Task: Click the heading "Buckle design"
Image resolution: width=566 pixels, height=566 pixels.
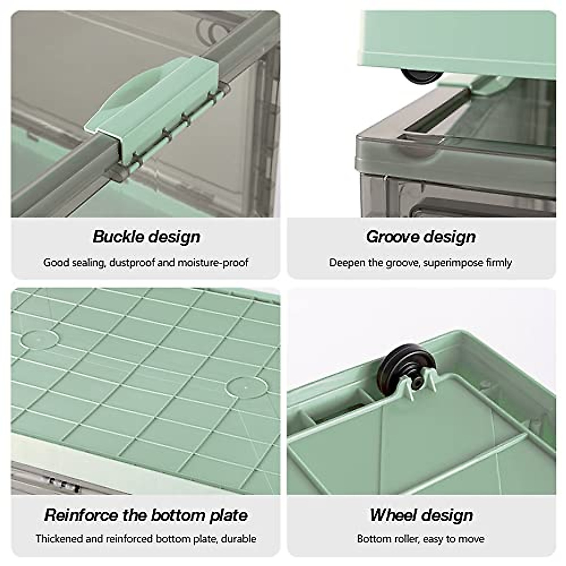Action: [x=146, y=236]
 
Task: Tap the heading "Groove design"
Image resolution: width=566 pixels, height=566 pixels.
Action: [x=421, y=236]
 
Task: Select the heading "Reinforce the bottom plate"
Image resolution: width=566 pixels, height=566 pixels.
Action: [x=146, y=515]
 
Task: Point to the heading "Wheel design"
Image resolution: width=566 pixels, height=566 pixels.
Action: [x=421, y=515]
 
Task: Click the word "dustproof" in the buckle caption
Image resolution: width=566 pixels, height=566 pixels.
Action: [x=132, y=263]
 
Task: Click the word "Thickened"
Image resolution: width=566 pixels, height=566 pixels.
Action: [x=59, y=538]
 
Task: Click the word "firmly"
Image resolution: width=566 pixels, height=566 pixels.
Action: [x=499, y=263]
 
